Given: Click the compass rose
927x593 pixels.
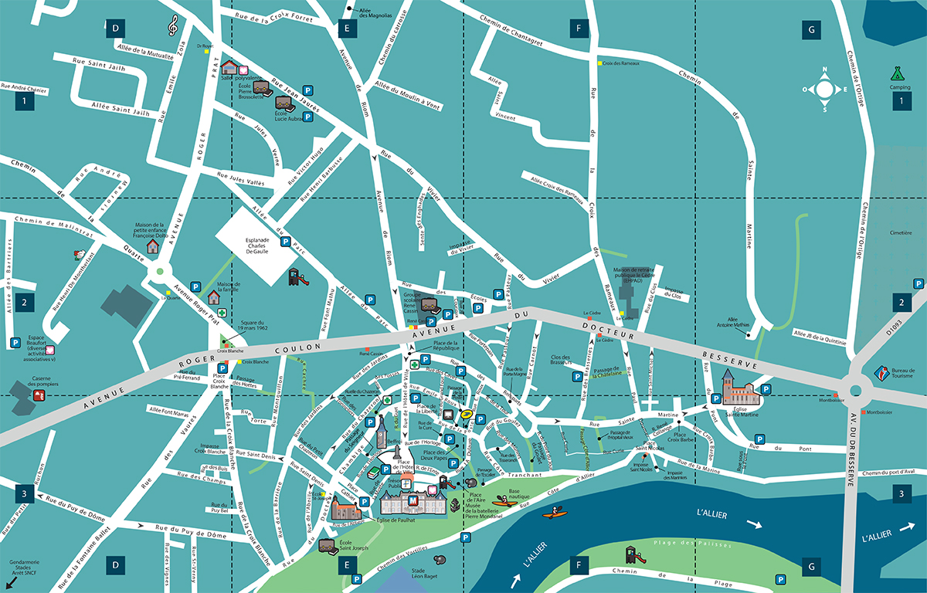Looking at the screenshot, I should [824, 89].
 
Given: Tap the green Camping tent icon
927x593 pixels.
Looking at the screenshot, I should [896, 73].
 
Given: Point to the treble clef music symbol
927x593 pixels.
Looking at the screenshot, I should [173, 25].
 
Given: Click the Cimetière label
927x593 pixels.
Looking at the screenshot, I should [901, 231].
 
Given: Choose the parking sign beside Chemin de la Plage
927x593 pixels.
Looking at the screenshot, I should [783, 579].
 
